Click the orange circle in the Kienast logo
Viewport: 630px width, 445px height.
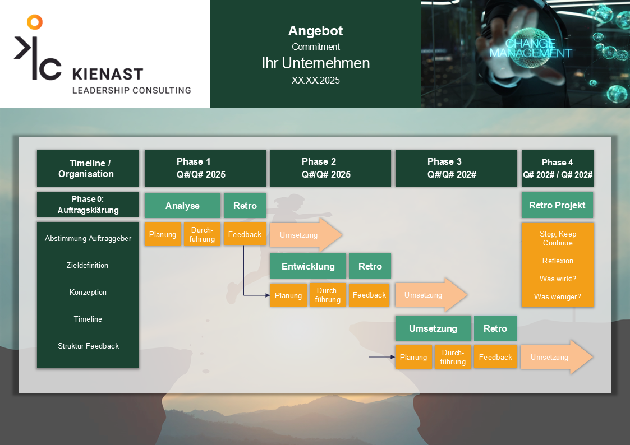(x=35, y=22)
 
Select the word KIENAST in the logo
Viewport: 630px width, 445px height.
(x=108, y=74)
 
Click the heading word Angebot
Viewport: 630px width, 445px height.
(x=315, y=31)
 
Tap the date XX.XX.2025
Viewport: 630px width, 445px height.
(x=315, y=80)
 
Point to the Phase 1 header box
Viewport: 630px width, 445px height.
(x=205, y=168)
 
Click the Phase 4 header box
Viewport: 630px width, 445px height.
(x=557, y=168)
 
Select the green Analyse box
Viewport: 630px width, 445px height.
(x=182, y=206)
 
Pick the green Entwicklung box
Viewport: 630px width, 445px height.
(x=308, y=266)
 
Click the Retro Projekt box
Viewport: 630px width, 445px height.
(x=557, y=205)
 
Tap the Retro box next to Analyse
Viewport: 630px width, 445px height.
(x=245, y=206)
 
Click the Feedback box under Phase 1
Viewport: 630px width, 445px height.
(x=245, y=234)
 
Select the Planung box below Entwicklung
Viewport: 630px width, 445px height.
(x=288, y=295)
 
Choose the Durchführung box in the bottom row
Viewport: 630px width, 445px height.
(x=453, y=357)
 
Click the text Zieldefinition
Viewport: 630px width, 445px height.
(x=88, y=265)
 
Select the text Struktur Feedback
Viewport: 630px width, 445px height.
(x=88, y=346)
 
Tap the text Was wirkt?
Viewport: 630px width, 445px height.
(x=557, y=279)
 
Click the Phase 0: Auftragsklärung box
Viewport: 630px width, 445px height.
(x=88, y=205)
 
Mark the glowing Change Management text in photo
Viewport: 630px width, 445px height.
(x=530, y=48)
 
